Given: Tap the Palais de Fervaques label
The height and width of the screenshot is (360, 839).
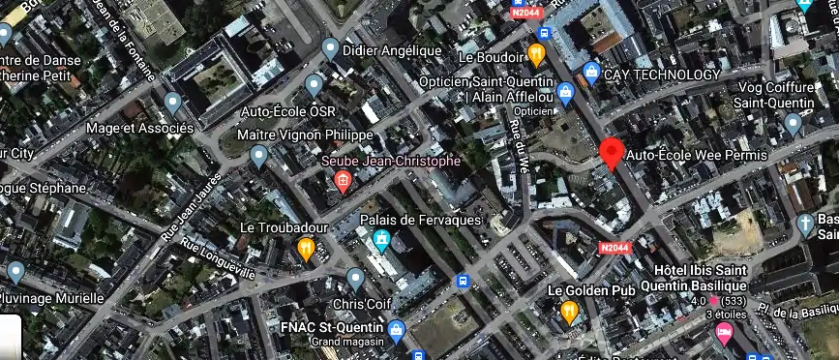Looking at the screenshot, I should [420, 221].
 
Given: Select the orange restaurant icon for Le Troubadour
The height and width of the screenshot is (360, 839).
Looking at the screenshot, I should [306, 250].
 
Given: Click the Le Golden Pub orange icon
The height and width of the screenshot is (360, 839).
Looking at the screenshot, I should [569, 312].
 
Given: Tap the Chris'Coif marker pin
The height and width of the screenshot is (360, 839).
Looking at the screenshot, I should [355, 280].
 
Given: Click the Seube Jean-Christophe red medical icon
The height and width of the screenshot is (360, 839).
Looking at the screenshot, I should [342, 180].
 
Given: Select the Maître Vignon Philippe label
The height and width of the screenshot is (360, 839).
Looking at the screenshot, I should [305, 135].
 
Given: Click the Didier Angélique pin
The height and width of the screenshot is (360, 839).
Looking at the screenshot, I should [331, 48].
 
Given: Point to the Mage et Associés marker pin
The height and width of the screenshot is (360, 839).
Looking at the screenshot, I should [173, 103].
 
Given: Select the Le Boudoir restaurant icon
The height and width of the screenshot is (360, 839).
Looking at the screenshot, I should [536, 53].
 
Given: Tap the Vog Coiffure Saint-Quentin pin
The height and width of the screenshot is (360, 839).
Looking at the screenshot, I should [793, 123].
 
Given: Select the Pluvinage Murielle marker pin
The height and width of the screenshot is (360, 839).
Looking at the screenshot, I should [15, 272].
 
